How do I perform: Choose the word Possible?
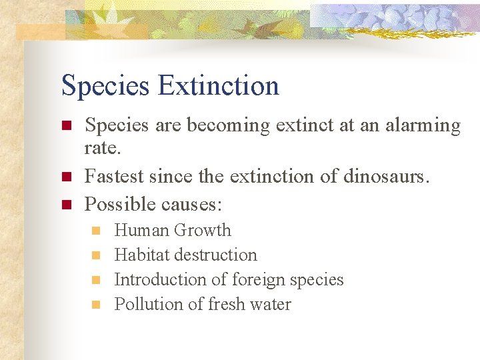pyautogui.click(x=118, y=203)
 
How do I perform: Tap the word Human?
pyautogui.click(x=142, y=231)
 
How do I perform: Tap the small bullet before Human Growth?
pyautogui.click(x=96, y=231)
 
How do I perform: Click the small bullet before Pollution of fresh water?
pyautogui.click(x=96, y=305)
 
